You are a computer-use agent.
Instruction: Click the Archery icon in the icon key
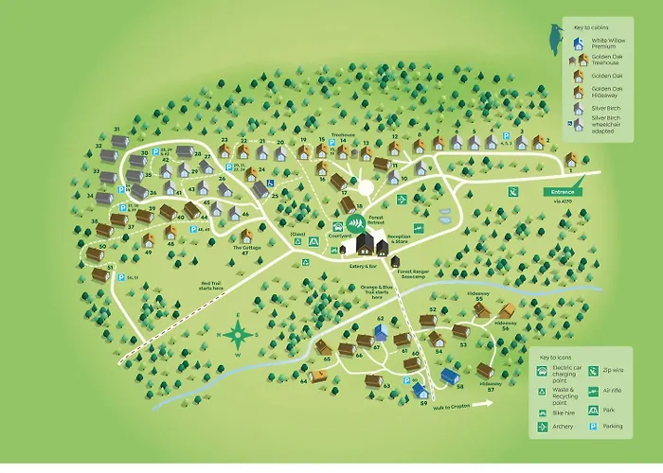click(539, 426)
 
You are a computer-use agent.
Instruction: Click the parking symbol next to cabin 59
click(407, 380)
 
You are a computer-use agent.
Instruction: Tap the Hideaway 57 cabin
click(486, 370)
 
